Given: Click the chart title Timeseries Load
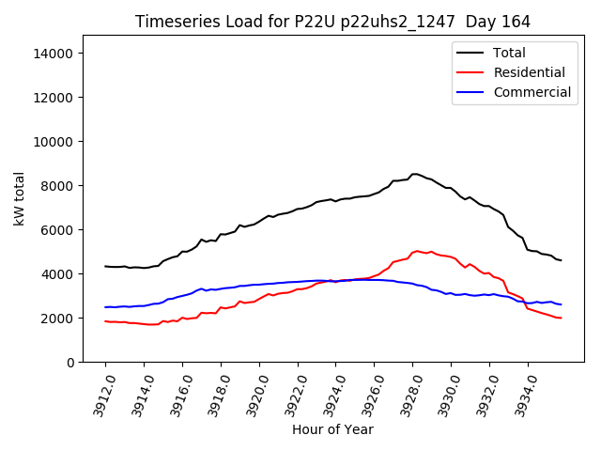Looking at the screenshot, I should [332, 22].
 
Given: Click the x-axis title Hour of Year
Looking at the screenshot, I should [332, 429].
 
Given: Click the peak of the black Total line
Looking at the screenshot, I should [415, 174].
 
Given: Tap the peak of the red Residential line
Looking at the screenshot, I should [417, 251].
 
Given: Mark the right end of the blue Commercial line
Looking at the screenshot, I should [561, 304].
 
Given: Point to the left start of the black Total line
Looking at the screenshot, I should [105, 266].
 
